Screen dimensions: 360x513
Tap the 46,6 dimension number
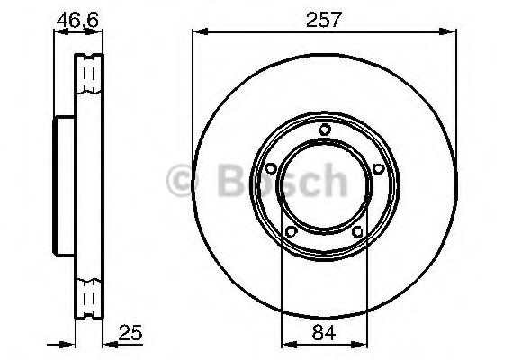point(77,19)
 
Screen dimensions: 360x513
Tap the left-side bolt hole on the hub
point(269,169)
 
